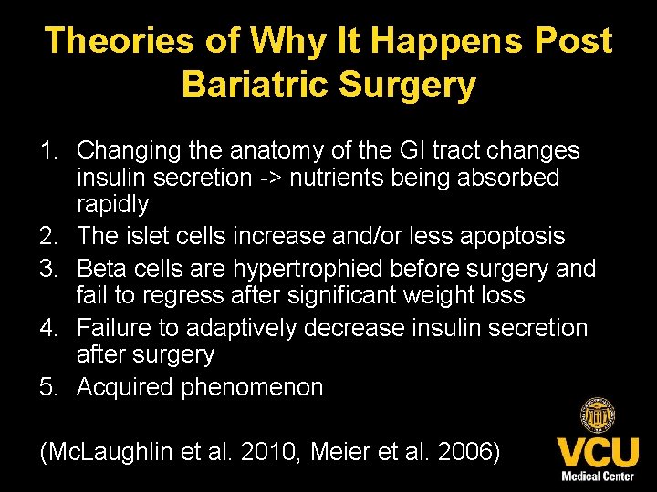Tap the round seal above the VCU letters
coord(598,417)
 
